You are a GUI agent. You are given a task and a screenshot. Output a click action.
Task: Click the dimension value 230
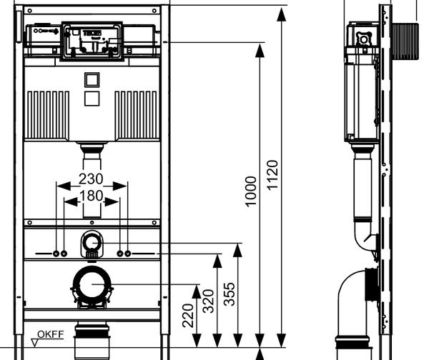tap(92, 179)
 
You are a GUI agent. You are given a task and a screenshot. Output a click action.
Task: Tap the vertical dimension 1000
tap(250, 191)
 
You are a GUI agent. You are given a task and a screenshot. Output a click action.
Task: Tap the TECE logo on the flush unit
tap(94, 33)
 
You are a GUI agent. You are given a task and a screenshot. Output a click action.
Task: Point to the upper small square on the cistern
tap(92, 79)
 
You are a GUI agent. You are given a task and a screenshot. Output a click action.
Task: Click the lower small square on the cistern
tap(92, 98)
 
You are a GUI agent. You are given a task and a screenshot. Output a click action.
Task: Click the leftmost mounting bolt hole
tap(56, 254)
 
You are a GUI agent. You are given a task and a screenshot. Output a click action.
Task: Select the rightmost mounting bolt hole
tap(129, 254)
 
